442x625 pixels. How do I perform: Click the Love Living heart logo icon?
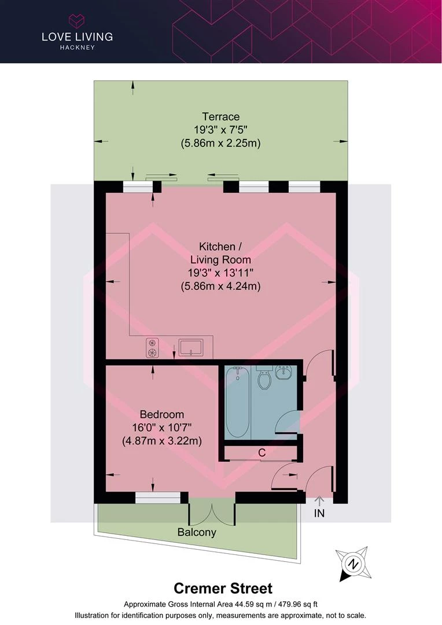pos(77,20)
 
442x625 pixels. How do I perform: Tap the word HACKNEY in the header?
pos(78,47)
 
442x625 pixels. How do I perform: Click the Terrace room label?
pos(221,117)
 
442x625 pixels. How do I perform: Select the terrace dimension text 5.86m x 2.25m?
pos(221,143)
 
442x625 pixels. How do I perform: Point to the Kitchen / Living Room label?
pos(220,253)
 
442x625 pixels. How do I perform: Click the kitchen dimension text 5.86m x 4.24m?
pos(221,286)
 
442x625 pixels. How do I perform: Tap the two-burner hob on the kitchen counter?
pos(152,348)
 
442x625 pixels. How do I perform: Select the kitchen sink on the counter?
pos(191,347)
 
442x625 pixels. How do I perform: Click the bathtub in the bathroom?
pos(238,402)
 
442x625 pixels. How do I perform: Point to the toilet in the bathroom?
pos(264,377)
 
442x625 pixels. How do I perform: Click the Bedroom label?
pos(162,414)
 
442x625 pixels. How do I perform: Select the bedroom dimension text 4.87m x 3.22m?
pos(162,441)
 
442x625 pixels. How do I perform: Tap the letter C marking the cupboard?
pos(262,453)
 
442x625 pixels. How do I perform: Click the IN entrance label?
pos(319,513)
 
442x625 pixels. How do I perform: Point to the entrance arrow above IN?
pos(319,501)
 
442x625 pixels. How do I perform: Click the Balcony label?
pos(197,532)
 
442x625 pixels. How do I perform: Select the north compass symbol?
pos(353,564)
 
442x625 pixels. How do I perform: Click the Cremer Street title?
pos(223,589)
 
